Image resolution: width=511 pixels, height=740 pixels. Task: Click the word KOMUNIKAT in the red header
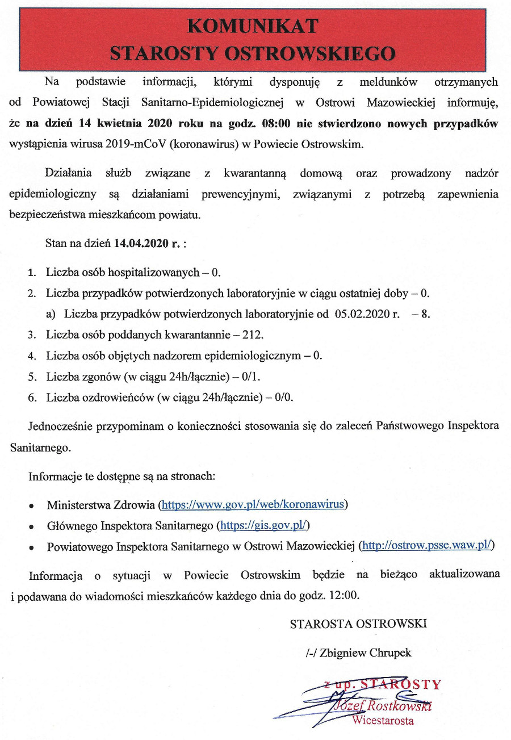pos(253,26)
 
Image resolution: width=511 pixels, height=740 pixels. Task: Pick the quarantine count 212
pos(253,335)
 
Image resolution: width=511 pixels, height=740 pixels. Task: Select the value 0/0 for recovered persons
pos(284,397)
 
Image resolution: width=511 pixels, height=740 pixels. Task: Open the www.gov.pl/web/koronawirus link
pos(254,504)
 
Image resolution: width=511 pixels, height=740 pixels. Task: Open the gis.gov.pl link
pos(263,525)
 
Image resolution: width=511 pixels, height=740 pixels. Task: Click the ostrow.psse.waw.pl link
pos(428,546)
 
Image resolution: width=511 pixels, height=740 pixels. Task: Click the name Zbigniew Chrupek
pos(365,653)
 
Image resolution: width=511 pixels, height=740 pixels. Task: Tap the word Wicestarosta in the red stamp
pos(383,721)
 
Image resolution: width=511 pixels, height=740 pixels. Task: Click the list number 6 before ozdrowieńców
pos(32,398)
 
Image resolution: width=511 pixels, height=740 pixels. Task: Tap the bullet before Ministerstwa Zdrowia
pos(32,505)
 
